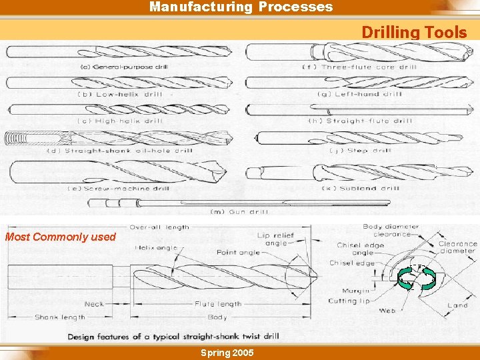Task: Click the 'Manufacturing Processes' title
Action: (241, 7)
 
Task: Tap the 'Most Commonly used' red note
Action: (61, 237)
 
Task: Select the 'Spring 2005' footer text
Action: (227, 352)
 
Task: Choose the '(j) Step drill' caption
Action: (360, 151)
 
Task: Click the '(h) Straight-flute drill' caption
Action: (360, 121)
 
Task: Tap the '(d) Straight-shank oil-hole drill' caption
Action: (119, 151)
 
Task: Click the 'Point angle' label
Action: (239, 253)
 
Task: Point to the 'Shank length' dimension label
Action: (60, 317)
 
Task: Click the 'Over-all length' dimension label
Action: (159, 227)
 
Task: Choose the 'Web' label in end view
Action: (387, 311)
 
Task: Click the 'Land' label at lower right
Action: (457, 305)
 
